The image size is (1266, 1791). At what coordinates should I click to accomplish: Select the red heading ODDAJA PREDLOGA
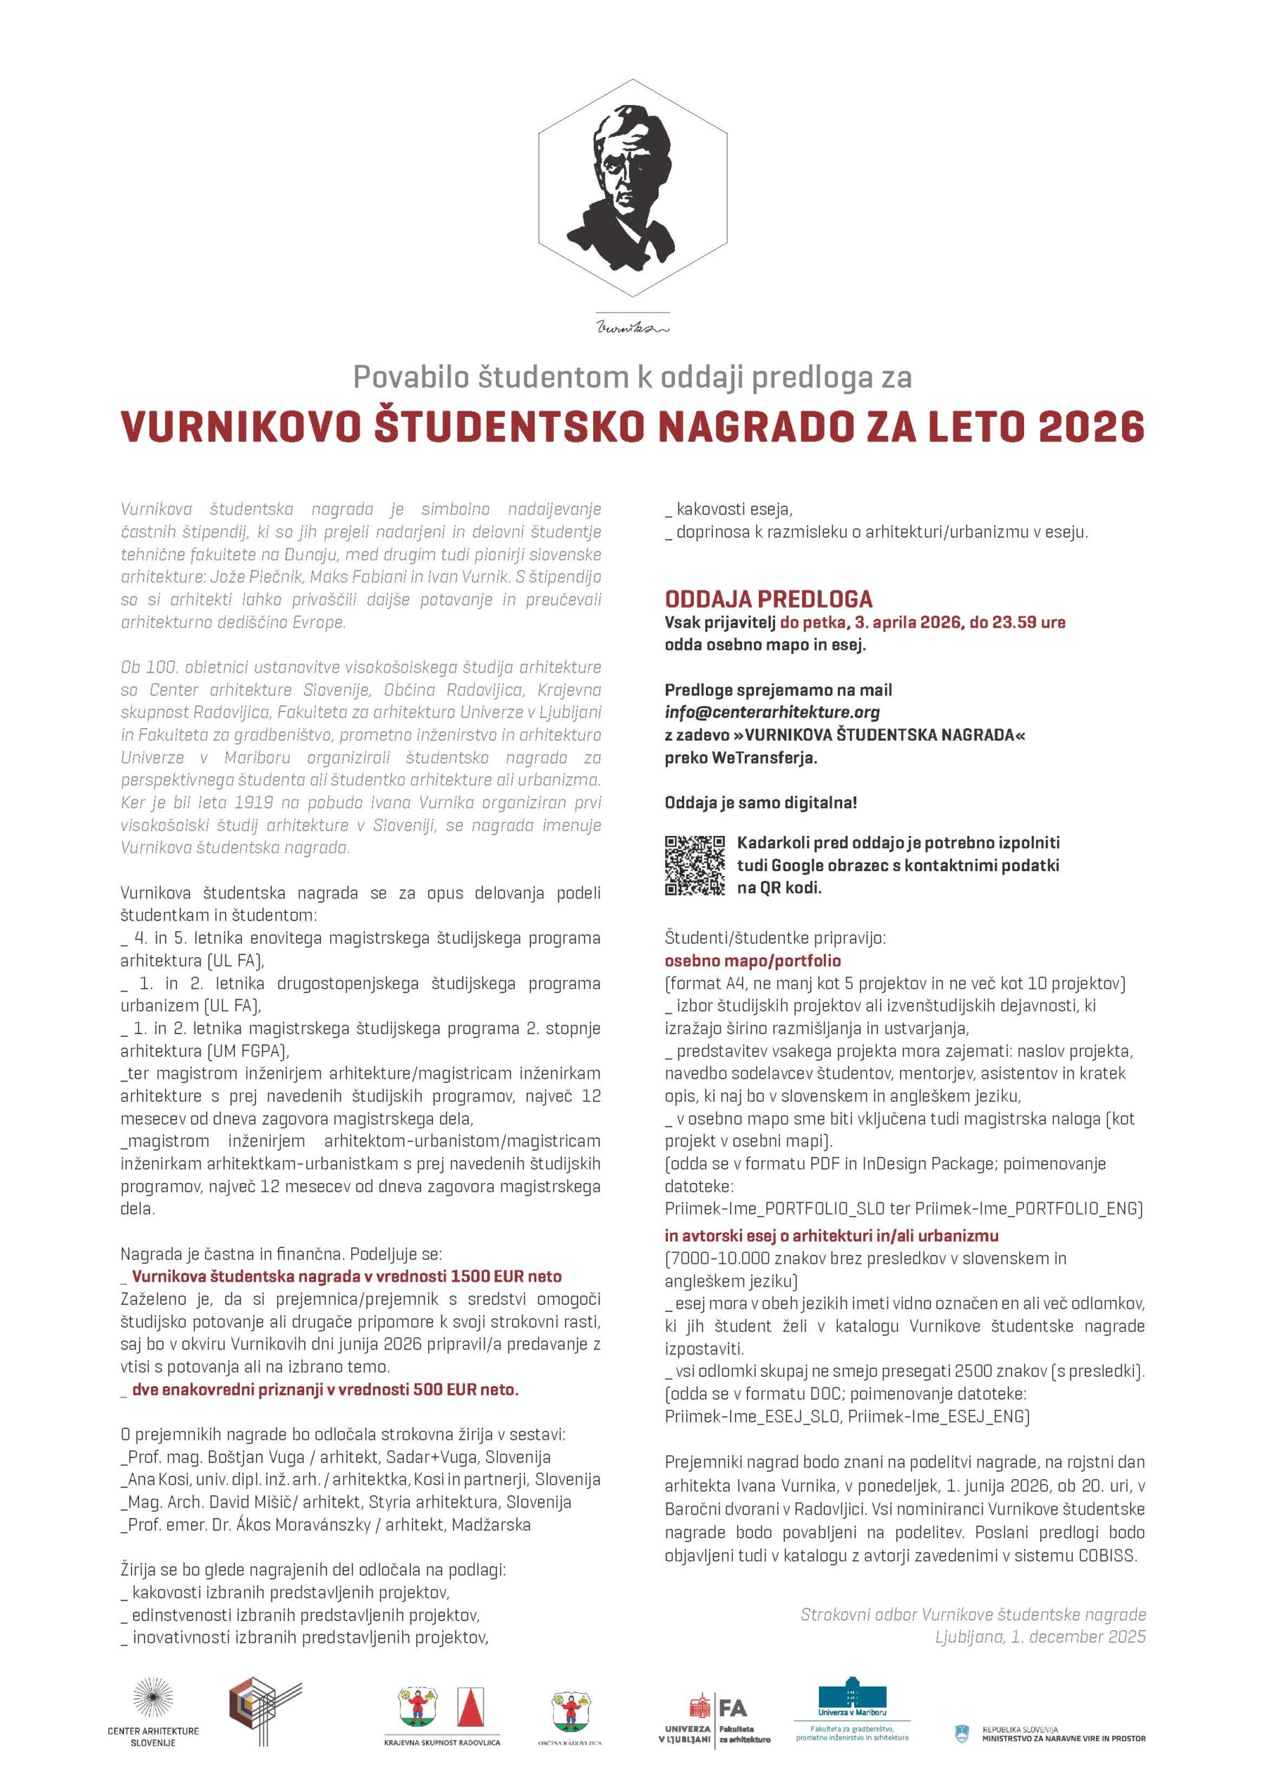(x=768, y=599)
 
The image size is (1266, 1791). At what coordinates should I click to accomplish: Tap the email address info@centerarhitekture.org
(x=771, y=712)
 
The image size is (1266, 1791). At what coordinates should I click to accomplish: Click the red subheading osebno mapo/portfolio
(x=753, y=961)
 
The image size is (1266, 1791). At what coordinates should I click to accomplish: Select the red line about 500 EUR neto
(x=325, y=1389)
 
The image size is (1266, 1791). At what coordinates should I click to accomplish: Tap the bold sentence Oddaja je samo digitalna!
(x=760, y=802)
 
